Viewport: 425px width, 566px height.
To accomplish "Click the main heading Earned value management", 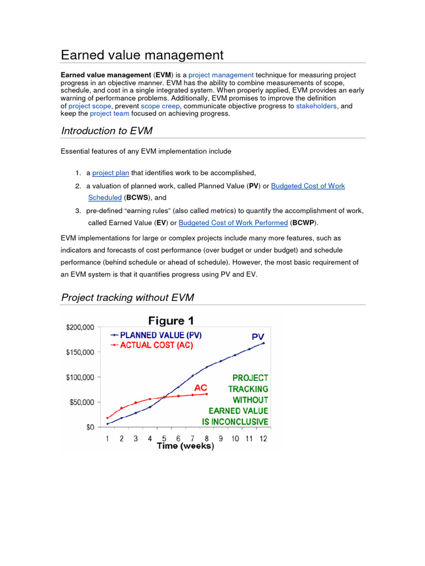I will click(x=142, y=55).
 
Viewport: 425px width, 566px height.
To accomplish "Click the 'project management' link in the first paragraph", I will click(x=221, y=75).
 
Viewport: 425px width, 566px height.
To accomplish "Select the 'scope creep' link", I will click(x=160, y=106).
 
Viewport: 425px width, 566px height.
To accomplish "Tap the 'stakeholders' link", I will click(x=316, y=106).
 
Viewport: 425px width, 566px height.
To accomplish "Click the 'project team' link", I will click(x=110, y=113).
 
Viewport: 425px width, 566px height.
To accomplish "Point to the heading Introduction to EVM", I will click(x=106, y=130).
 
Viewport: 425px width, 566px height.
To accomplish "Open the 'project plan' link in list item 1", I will click(x=111, y=172).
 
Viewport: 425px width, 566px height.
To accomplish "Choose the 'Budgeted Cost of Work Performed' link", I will click(x=233, y=223).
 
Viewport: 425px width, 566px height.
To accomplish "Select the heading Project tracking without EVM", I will click(x=127, y=297).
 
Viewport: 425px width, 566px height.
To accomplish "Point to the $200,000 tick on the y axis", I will click(x=81, y=327).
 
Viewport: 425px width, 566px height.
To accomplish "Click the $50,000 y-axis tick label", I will click(x=82, y=402).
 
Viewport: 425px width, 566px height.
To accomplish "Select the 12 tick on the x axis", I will click(x=263, y=438).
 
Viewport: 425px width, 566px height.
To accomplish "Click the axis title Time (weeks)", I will click(x=185, y=446).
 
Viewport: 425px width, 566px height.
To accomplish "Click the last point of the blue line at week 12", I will click(x=263, y=343).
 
